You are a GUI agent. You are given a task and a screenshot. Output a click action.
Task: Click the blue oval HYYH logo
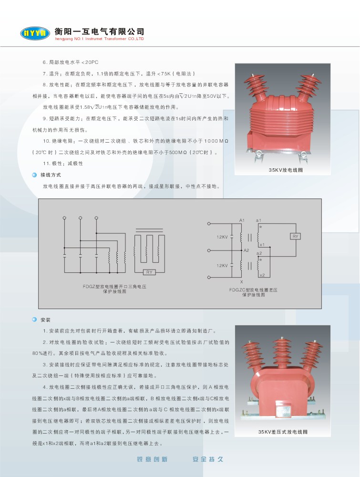35,33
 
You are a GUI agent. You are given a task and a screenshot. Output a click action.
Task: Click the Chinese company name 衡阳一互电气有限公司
100,31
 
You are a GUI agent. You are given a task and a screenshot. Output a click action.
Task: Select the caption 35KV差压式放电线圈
283,432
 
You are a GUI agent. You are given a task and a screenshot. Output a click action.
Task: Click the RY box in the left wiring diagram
149,272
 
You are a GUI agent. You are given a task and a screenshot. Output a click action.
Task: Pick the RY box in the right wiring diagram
296,237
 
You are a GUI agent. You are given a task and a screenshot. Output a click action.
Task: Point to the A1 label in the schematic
242,220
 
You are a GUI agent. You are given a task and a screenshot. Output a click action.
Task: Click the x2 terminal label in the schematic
262,275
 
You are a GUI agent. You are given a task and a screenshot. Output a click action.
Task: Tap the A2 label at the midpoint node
247,250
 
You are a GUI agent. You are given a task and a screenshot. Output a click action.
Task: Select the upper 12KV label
222,237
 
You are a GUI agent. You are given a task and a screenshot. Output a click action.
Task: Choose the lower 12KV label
222,266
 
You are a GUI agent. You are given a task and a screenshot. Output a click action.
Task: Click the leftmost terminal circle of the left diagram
64,218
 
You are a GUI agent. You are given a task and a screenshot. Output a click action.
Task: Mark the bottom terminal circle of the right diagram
209,277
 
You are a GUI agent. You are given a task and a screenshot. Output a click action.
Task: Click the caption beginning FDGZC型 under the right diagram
253,292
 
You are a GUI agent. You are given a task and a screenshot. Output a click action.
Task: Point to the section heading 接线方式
51,175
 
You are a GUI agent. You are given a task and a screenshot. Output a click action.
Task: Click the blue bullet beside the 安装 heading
34,320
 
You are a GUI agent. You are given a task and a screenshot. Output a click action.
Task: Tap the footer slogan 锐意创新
152,459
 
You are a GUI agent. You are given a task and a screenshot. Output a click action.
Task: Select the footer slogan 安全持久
208,459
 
